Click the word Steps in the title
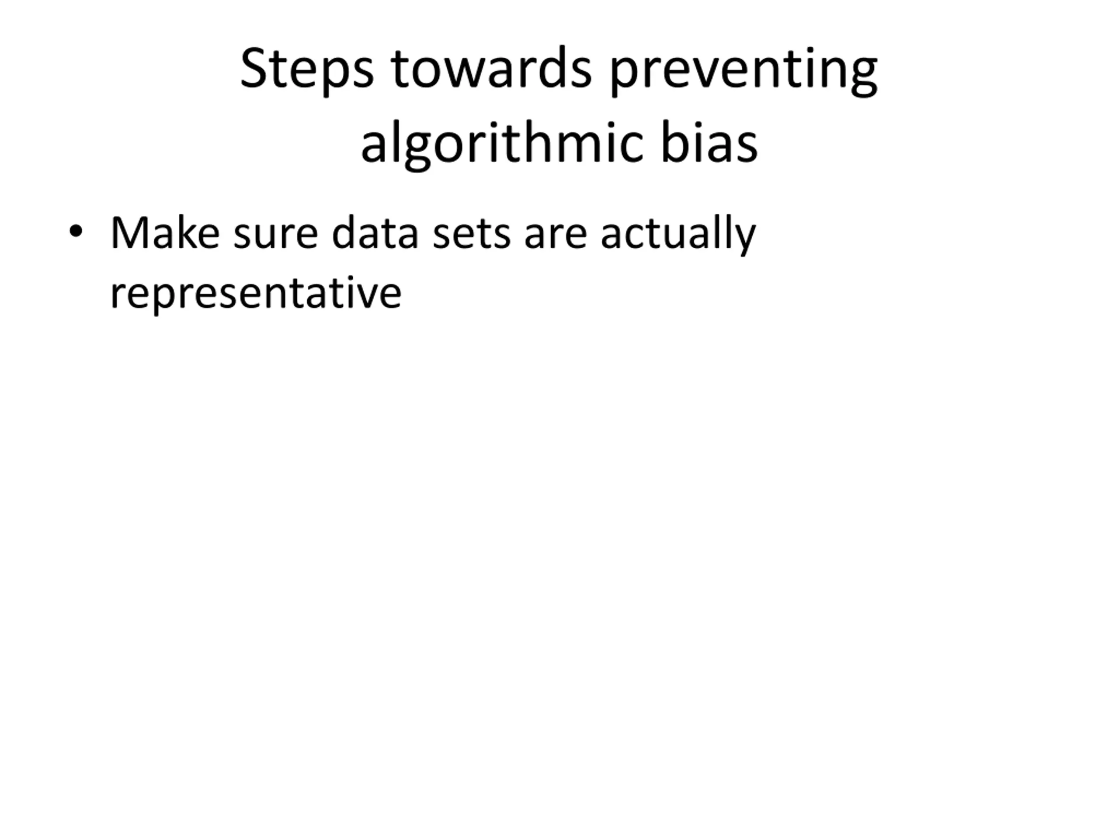[307, 70]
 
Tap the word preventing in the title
[744, 71]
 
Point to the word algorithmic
[502, 144]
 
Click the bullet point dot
[76, 231]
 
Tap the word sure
[276, 237]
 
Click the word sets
[472, 235]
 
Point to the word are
[556, 237]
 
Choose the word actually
[678, 236]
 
